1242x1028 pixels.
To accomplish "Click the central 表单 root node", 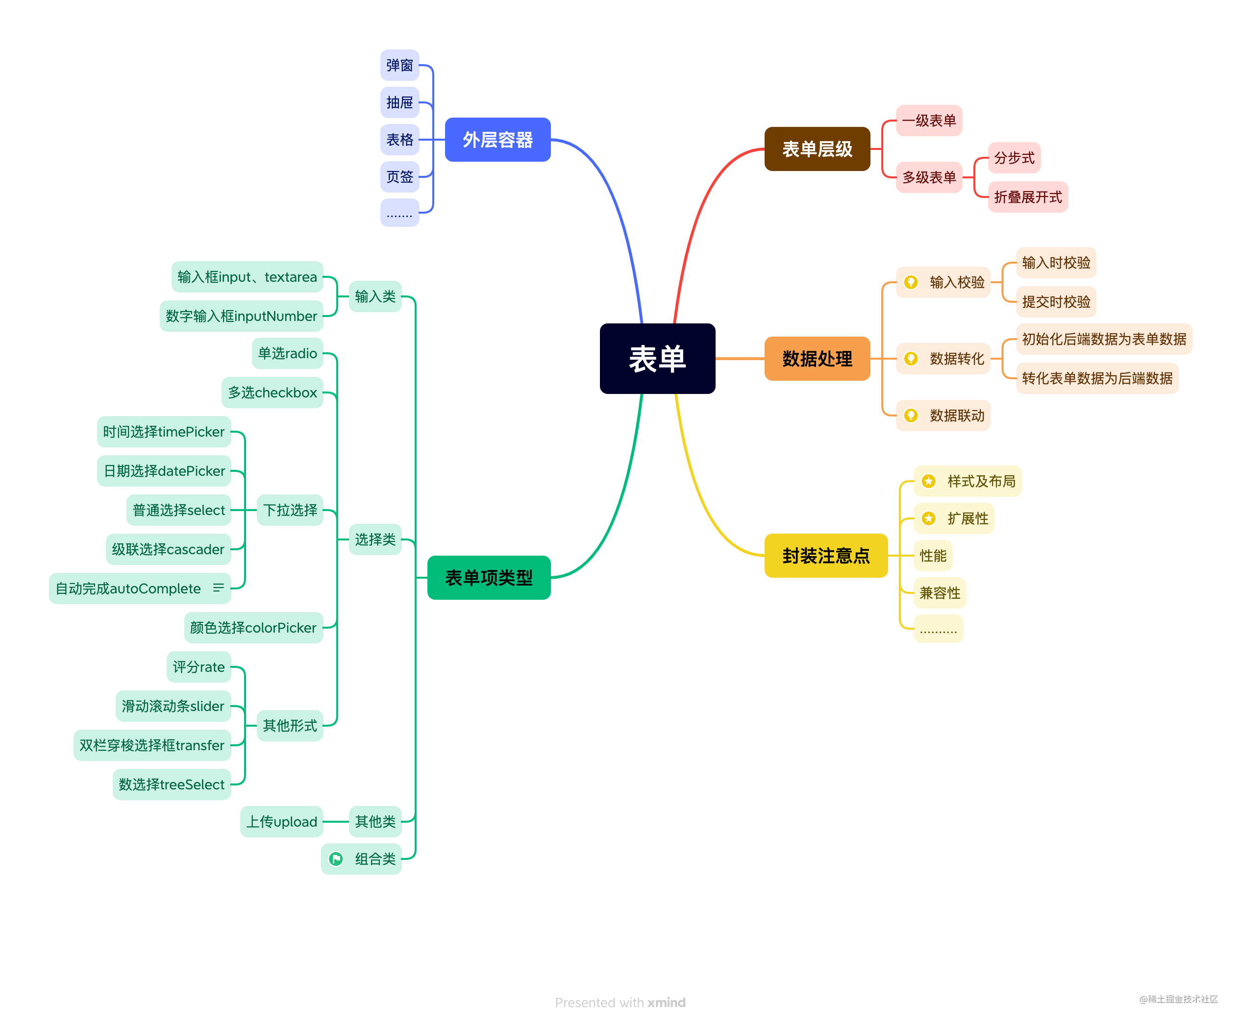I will click(x=657, y=359).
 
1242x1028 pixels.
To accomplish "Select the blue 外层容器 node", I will click(x=497, y=140).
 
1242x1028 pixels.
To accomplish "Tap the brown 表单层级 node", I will click(x=817, y=149).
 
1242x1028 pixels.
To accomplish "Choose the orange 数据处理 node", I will click(x=817, y=359).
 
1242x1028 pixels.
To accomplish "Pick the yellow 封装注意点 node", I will click(x=826, y=556).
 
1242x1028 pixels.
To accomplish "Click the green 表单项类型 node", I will click(x=489, y=578).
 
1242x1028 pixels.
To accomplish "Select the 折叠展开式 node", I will click(x=1027, y=197).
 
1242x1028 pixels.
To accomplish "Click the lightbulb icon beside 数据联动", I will click(x=911, y=415).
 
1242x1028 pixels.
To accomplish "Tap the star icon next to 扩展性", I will click(x=928, y=518).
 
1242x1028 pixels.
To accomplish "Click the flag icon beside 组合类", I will click(x=336, y=858).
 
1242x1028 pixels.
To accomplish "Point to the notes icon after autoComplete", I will click(x=218, y=587).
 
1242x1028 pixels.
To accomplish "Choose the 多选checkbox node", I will click(x=272, y=392).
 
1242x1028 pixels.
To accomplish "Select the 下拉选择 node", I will click(x=290, y=510).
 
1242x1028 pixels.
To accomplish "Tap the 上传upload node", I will click(x=281, y=821).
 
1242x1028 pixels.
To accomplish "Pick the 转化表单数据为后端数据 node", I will click(x=1097, y=378).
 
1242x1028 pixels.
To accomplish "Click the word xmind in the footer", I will click(x=667, y=1003).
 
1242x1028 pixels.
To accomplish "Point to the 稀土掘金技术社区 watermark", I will click(x=1179, y=999).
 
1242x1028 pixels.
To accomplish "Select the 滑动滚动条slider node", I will click(x=173, y=706).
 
